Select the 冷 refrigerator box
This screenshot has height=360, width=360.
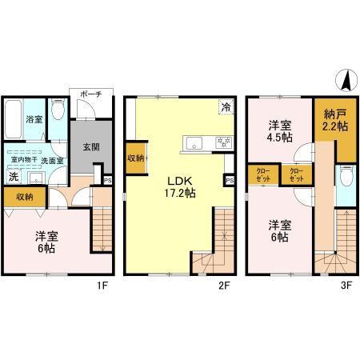[226, 107]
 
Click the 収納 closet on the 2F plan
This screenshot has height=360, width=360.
[135, 158]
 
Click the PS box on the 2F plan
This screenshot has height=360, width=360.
[230, 181]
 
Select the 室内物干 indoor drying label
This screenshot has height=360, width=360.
[20, 159]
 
